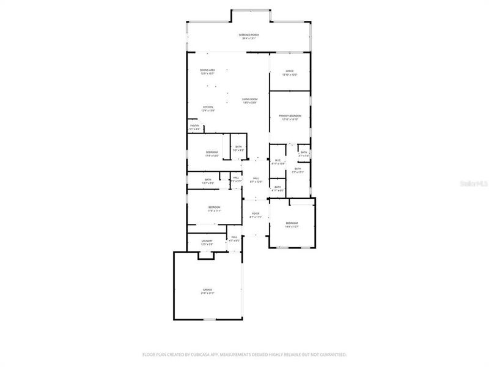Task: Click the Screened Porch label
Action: click(249, 35)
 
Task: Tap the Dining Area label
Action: click(207, 70)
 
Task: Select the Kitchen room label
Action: click(208, 107)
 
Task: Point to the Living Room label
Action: click(249, 99)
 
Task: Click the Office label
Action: click(290, 71)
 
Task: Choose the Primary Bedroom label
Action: click(290, 116)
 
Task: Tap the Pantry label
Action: click(194, 126)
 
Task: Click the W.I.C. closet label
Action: click(278, 160)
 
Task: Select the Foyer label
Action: click(256, 213)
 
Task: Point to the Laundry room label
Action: click(207, 241)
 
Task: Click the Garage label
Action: click(207, 289)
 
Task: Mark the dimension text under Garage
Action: click(207, 294)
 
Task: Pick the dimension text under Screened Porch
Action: click(249, 39)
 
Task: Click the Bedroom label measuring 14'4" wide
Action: click(292, 223)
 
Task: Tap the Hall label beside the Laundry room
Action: click(234, 237)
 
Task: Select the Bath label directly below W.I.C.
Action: click(278, 187)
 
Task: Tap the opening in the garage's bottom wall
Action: click(210, 319)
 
